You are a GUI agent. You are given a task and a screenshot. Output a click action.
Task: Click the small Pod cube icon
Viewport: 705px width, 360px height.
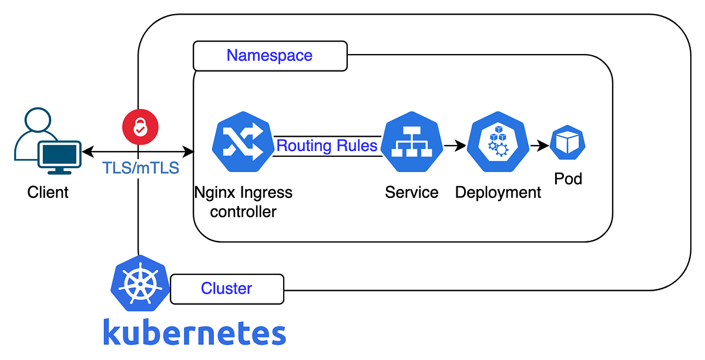pyautogui.click(x=568, y=143)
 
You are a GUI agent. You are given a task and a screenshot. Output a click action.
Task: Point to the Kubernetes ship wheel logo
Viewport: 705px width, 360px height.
pyautogui.click(x=140, y=283)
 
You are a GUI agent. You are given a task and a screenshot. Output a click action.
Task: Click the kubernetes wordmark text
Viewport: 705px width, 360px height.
pyautogui.click(x=194, y=332)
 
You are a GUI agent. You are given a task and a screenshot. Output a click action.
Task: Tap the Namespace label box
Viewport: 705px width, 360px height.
pyautogui.click(x=270, y=56)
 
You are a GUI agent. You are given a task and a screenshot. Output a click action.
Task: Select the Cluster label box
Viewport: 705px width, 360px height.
pyautogui.click(x=227, y=289)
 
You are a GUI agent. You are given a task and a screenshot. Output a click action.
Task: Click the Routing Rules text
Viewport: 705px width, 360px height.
pyautogui.click(x=327, y=146)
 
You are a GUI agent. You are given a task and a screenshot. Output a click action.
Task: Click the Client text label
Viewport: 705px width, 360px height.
pyautogui.click(x=48, y=192)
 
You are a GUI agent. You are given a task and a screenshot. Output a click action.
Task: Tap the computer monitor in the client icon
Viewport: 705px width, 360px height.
pyautogui.click(x=59, y=155)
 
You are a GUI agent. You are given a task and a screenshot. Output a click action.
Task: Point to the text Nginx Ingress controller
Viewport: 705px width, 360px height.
pyautogui.click(x=243, y=201)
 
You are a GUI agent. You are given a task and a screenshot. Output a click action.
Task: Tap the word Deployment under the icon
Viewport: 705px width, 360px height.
pyautogui.click(x=498, y=192)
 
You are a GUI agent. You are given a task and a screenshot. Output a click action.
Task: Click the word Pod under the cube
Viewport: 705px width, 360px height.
pyautogui.click(x=568, y=179)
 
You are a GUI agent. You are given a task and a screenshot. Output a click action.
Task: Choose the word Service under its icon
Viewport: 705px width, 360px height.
pyautogui.click(x=411, y=192)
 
